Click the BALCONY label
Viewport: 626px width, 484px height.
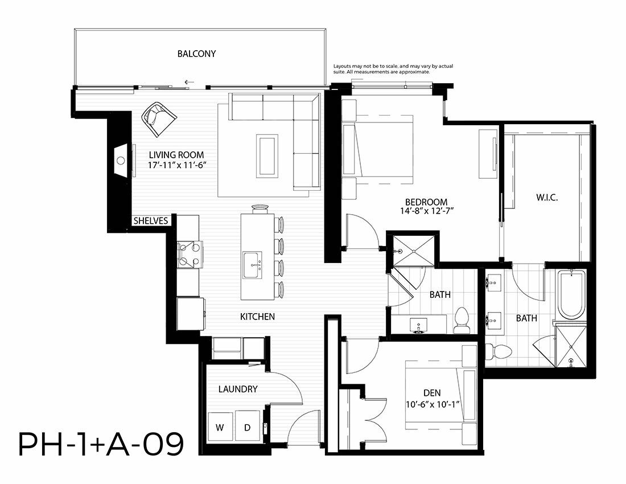click(x=196, y=54)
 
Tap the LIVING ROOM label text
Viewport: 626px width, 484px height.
click(x=176, y=154)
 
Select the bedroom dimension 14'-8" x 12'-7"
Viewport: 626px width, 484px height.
click(x=427, y=211)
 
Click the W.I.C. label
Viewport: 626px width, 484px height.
click(x=546, y=197)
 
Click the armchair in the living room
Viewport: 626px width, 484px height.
click(x=159, y=118)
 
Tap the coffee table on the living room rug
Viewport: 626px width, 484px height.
click(x=267, y=155)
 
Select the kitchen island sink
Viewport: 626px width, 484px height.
click(x=252, y=265)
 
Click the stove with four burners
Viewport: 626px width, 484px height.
click(x=190, y=255)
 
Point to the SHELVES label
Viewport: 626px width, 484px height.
click(x=150, y=221)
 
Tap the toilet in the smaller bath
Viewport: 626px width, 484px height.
click(x=462, y=320)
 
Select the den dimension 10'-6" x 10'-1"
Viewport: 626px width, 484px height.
click(x=433, y=404)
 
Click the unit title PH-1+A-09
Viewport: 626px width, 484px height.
click(x=101, y=445)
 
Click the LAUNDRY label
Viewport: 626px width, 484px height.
click(x=237, y=389)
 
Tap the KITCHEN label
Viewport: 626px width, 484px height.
click(x=257, y=317)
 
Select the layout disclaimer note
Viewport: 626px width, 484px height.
click(x=393, y=69)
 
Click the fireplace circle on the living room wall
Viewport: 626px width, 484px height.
click(x=121, y=161)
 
